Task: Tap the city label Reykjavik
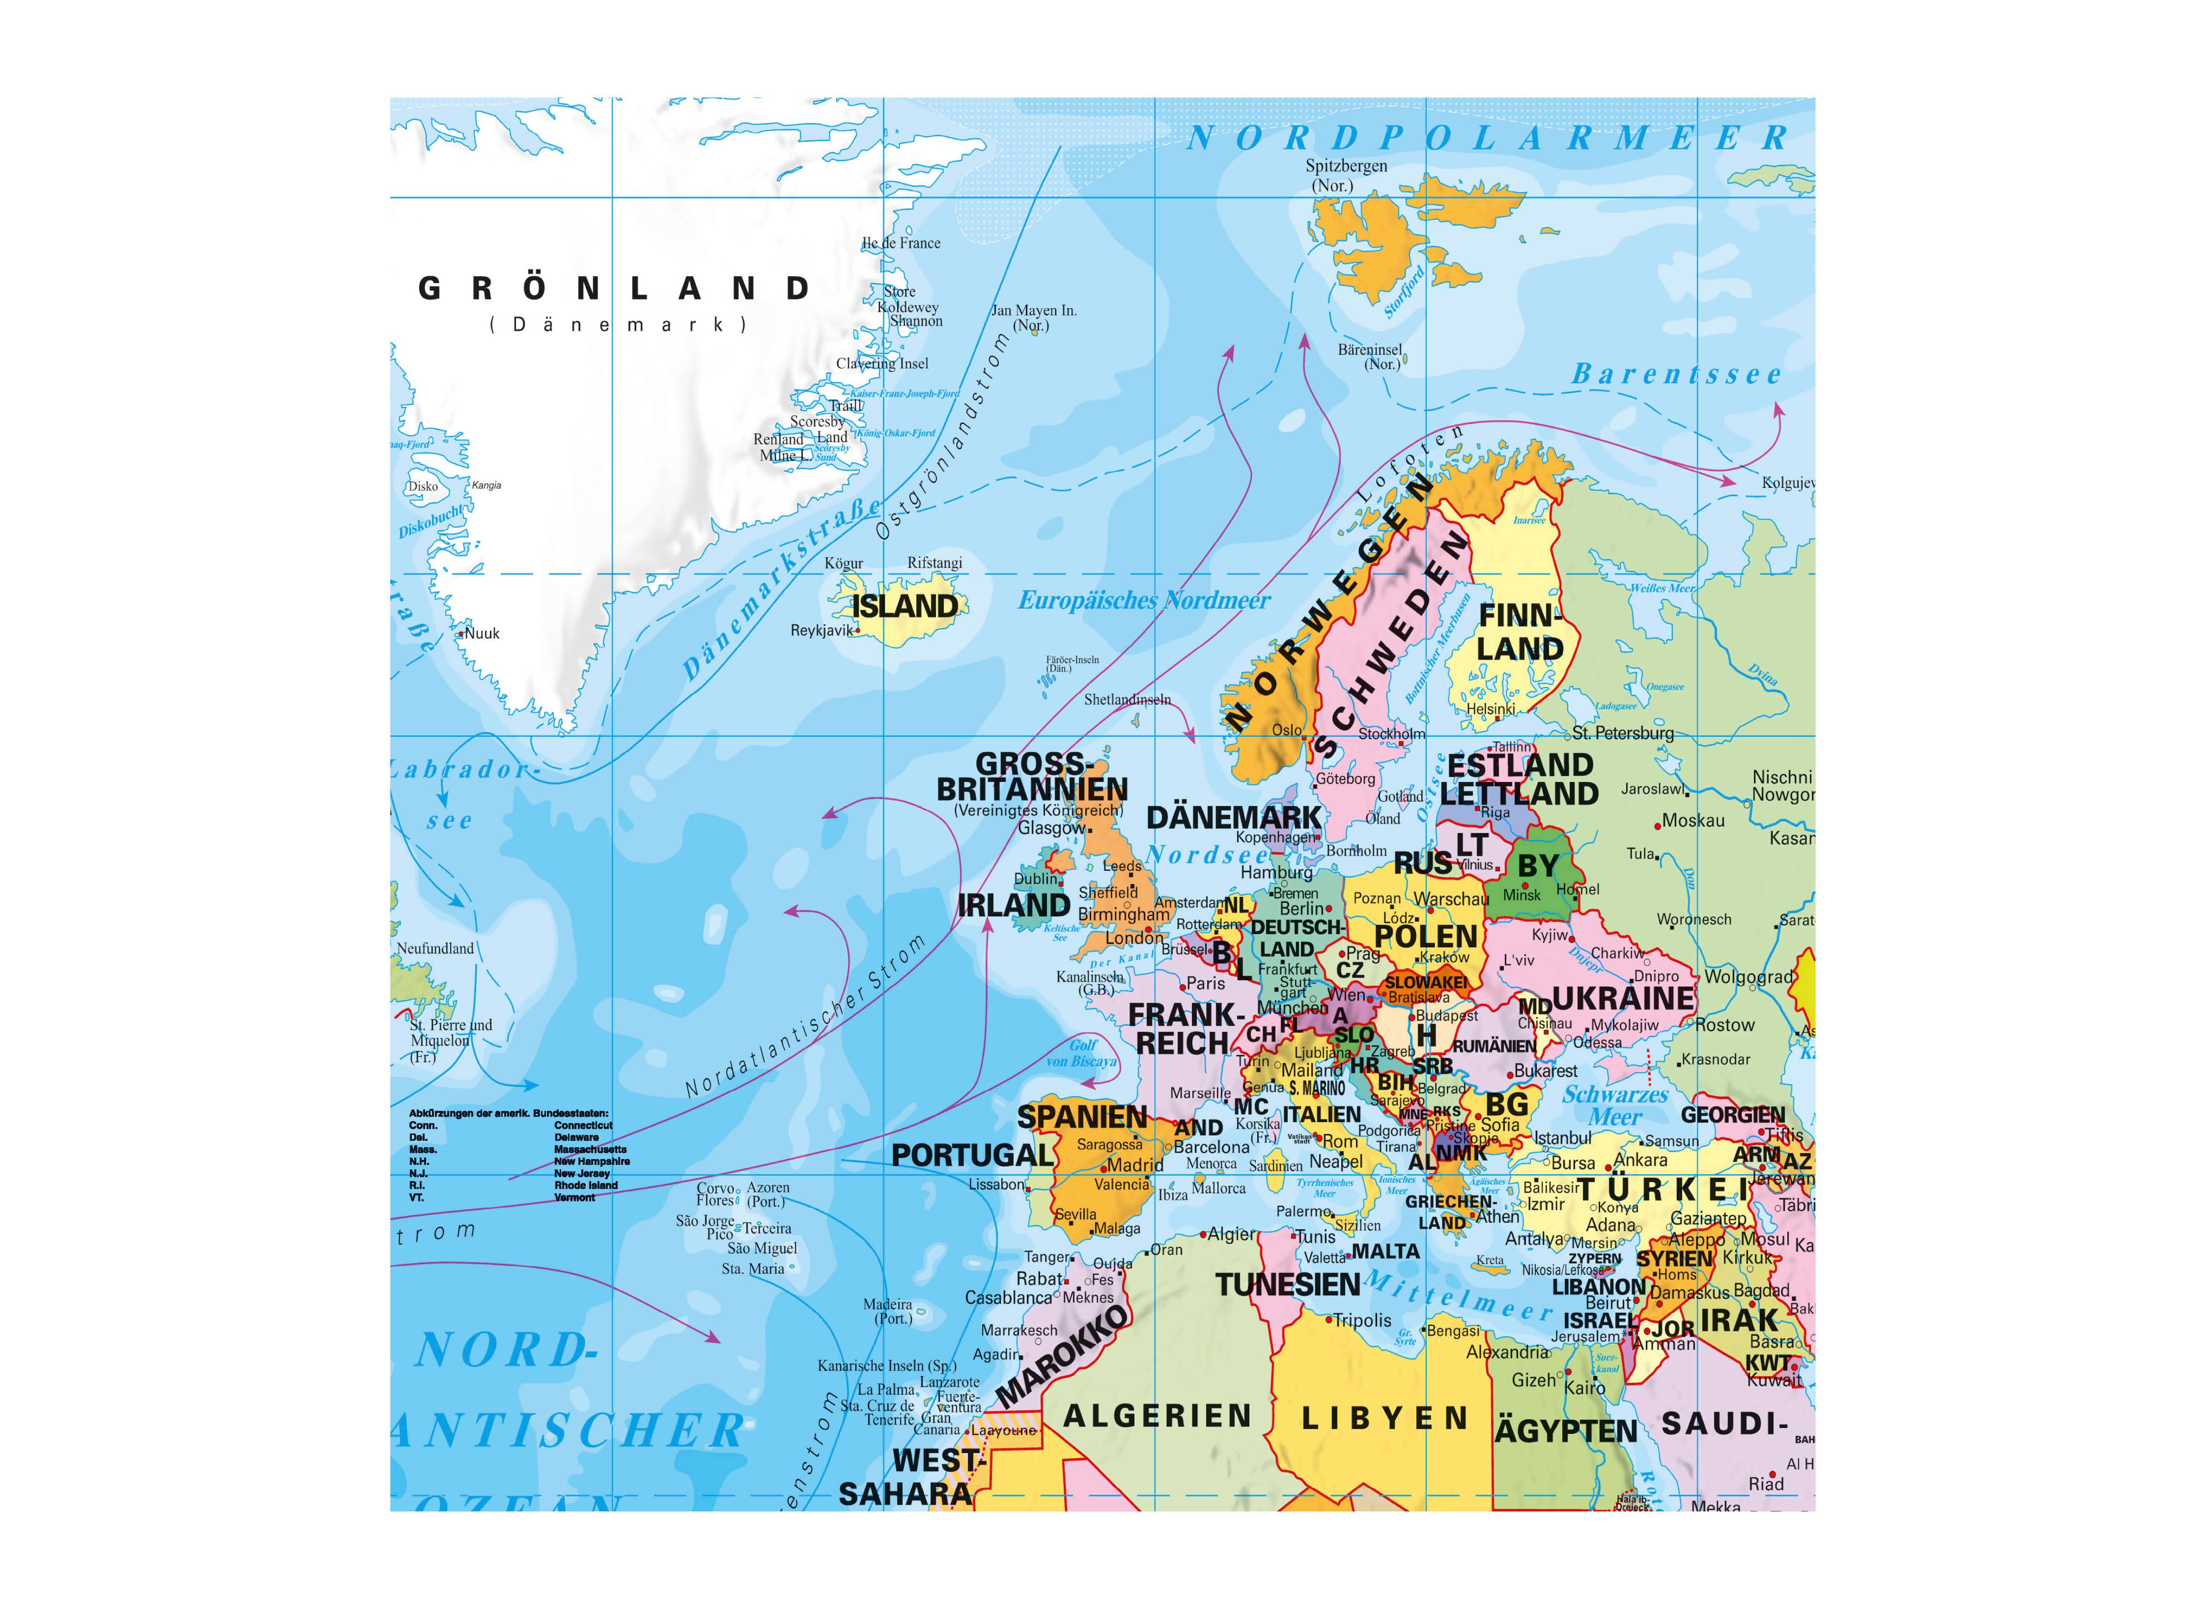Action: [821, 630]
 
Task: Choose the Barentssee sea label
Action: [1676, 374]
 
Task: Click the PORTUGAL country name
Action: [973, 1155]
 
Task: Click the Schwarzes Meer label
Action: [1615, 1106]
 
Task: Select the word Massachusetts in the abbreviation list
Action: [590, 1149]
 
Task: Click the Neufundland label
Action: [435, 948]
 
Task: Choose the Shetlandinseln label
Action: [1127, 699]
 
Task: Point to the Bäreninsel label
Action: [1370, 350]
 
